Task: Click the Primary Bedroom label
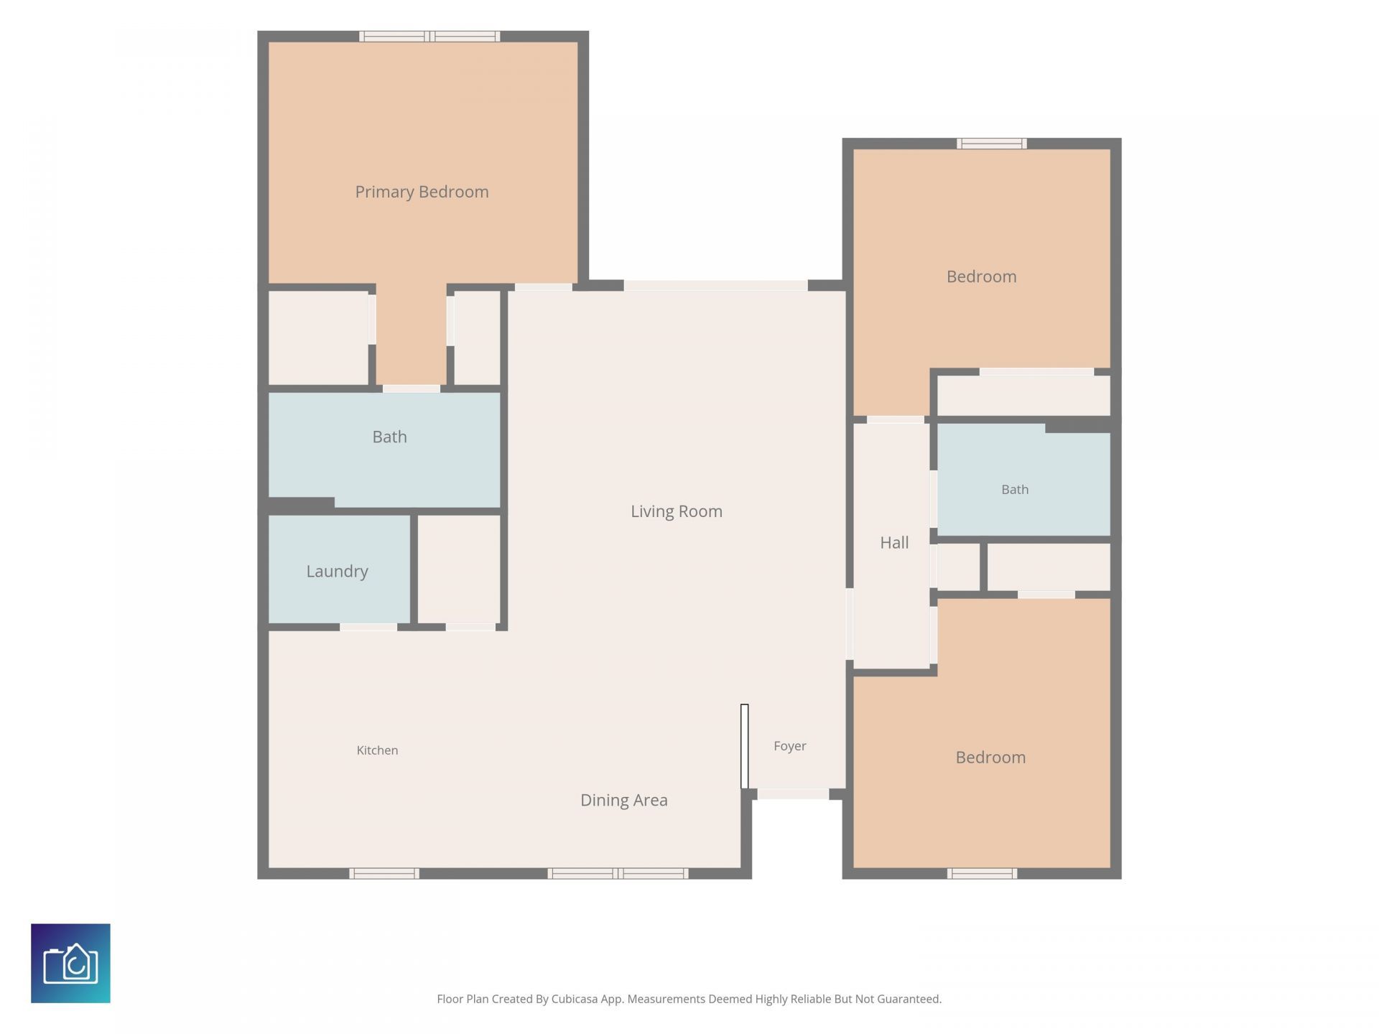tap(422, 192)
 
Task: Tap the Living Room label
tap(677, 511)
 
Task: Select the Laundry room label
tap(337, 572)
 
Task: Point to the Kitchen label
tap(377, 750)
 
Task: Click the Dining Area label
tap(624, 800)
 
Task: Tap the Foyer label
tap(790, 746)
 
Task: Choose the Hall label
tap(894, 543)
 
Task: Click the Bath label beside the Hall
tap(1015, 490)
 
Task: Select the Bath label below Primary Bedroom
tap(389, 437)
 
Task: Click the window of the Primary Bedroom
tap(430, 36)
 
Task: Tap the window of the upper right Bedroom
tap(991, 144)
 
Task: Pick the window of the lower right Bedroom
tap(982, 873)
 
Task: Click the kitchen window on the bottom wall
tap(384, 873)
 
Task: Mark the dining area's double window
tap(618, 873)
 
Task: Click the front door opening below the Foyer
tap(793, 794)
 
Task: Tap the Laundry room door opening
tap(368, 627)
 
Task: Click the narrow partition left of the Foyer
tap(745, 746)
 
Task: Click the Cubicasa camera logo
tap(70, 963)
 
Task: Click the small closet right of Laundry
tap(459, 569)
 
